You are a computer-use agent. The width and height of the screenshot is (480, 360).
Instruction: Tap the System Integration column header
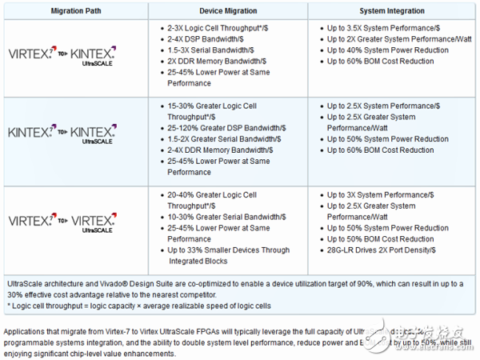pyautogui.click(x=391, y=12)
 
